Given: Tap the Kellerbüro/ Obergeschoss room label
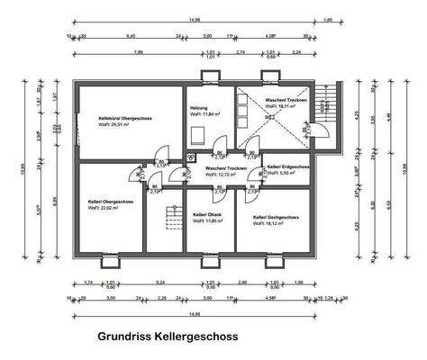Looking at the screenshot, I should (124, 116).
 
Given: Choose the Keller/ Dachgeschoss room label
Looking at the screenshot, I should (276, 217).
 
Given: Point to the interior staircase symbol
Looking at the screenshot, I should (165, 219).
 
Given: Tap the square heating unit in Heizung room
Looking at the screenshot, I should (198, 134).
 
